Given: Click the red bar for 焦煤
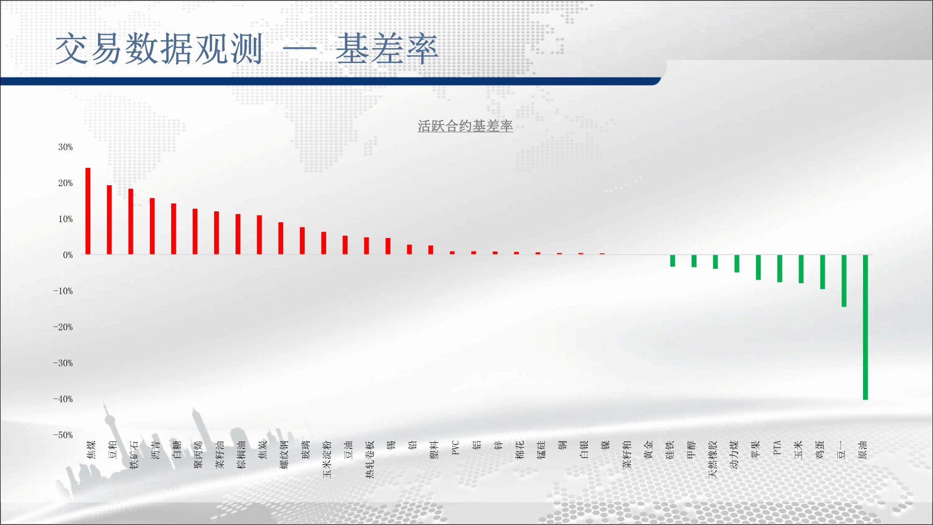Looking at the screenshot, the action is [x=88, y=211].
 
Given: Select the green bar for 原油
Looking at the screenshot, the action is [x=865, y=327].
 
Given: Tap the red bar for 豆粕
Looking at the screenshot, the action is [x=109, y=220].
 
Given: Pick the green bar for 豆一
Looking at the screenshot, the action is [x=844, y=280].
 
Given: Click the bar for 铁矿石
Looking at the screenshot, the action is [x=131, y=222].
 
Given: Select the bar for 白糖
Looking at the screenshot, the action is [x=174, y=229].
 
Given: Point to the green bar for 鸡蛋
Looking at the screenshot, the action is [x=822, y=272].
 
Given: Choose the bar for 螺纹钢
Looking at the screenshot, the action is [x=281, y=238].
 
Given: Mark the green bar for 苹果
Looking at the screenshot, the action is [x=758, y=267].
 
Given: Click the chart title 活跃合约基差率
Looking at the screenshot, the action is [x=465, y=126].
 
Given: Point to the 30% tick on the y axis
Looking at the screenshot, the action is [x=65, y=147].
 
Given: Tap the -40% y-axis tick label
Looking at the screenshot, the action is [x=63, y=399].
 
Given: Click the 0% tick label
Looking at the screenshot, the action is [x=68, y=255].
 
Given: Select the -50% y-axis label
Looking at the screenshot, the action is [x=63, y=435].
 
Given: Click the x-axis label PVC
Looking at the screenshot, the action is [x=456, y=448].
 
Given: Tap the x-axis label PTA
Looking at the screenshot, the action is [x=777, y=448].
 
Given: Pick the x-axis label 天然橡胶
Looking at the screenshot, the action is [x=712, y=459].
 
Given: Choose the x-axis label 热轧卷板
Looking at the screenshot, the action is [x=369, y=459].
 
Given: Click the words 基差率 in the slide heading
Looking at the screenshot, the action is [x=387, y=49].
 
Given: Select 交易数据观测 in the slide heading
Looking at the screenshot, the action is [x=159, y=49].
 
